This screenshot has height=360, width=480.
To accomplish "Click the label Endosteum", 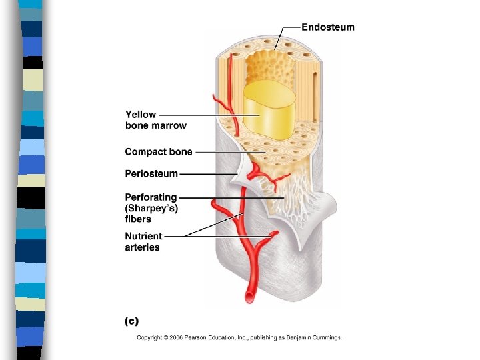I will (328, 27).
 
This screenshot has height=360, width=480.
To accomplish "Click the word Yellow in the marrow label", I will (140, 115).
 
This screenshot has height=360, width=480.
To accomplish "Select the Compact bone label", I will (159, 152).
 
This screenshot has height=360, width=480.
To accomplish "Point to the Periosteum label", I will (151, 173).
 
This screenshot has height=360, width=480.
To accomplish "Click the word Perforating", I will (151, 197).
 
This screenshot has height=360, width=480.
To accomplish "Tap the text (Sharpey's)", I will (151, 208).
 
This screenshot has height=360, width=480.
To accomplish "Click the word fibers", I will (138, 219).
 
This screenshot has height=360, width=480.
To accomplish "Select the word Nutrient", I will (143, 236).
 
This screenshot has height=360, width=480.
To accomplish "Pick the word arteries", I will (143, 247).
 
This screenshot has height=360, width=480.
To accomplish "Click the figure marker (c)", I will (131, 321).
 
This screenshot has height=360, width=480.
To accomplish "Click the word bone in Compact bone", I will (180, 152).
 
